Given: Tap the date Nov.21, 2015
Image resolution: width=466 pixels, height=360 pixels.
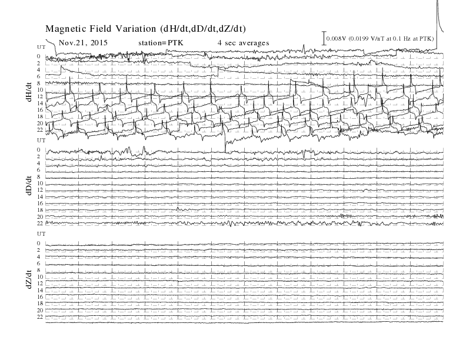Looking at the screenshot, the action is (x=83, y=43).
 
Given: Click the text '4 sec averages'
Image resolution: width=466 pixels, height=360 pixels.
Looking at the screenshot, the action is (x=244, y=43).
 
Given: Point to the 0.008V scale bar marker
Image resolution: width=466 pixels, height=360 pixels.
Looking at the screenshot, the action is (x=324, y=38).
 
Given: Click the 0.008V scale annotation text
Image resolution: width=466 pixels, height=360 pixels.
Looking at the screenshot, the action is (x=380, y=39).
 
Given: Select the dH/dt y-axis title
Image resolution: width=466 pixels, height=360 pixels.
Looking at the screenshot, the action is (x=29, y=92).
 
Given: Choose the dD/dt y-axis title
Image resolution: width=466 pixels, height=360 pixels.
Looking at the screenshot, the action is (x=29, y=185).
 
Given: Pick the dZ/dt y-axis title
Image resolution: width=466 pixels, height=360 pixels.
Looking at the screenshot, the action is (x=29, y=279).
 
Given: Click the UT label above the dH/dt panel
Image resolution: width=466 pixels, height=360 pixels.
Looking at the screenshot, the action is (x=41, y=47).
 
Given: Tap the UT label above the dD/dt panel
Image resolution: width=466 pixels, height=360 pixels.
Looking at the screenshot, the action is (x=41, y=140).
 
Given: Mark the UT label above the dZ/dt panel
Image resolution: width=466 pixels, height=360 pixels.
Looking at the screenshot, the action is (x=41, y=234).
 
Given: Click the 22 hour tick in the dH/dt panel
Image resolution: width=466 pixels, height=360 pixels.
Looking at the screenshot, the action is (x=40, y=130).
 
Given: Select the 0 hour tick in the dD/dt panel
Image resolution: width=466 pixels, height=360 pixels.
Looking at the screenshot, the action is (x=39, y=149).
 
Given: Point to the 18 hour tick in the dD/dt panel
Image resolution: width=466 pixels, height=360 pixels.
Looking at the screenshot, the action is (x=40, y=210).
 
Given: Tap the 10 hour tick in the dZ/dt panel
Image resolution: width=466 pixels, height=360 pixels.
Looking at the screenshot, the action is (x=40, y=277).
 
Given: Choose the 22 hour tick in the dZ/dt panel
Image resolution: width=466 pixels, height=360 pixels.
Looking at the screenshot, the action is (x=40, y=317).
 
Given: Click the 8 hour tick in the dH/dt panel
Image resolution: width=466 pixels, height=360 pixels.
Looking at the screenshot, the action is (x=39, y=83).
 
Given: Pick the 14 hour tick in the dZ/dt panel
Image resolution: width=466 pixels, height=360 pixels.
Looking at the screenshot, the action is (x=40, y=290).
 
